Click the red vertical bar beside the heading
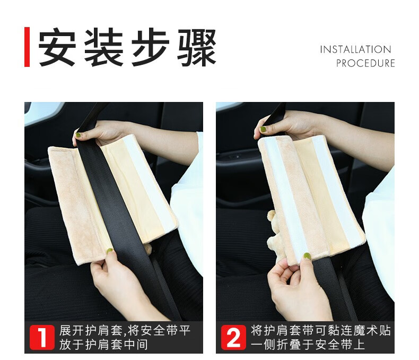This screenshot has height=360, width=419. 27,47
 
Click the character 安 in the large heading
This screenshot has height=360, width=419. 57,47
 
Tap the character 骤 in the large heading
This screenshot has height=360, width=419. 197,47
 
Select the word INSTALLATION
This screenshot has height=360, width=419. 355,49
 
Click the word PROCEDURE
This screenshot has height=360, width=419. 365,63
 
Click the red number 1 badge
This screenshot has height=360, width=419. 42,337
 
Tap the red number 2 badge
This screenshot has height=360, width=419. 233,337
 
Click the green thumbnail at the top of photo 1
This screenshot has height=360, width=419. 78,135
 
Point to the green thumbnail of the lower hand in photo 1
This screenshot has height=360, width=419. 110,251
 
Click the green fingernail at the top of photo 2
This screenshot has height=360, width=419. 263,130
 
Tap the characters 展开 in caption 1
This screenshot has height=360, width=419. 72,331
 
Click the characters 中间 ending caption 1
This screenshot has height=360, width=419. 136,345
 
